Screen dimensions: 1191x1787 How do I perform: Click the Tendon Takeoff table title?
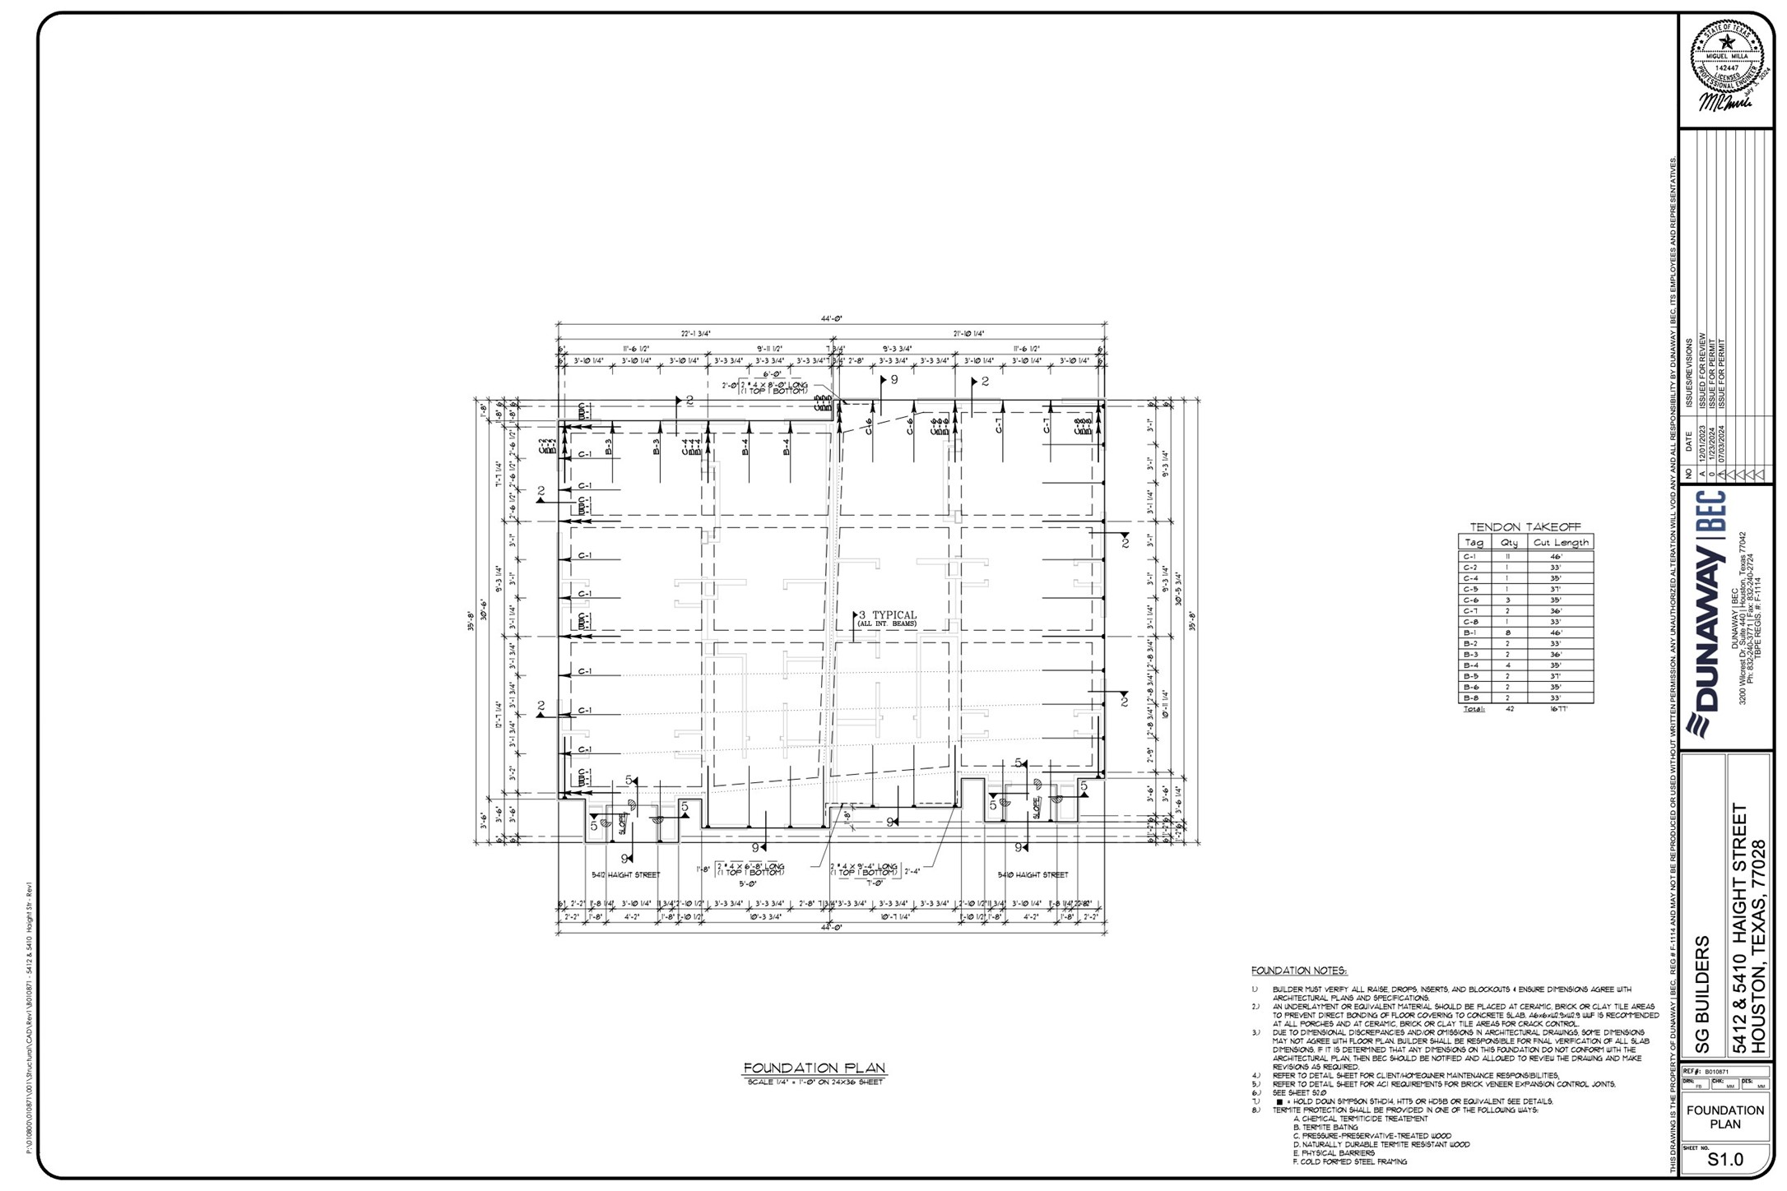[x=1525, y=527]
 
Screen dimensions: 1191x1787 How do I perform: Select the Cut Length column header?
[x=1560, y=543]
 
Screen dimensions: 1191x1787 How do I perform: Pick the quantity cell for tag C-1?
[x=1508, y=557]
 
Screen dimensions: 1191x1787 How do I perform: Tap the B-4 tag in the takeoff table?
[x=1470, y=665]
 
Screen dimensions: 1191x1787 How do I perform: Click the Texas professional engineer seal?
[x=1726, y=58]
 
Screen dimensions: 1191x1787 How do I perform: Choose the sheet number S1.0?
[x=1725, y=1160]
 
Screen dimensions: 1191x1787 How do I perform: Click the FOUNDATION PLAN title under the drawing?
[x=815, y=1068]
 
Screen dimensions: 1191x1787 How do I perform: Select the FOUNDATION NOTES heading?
[x=1299, y=971]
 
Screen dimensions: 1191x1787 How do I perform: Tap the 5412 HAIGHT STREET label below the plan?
[x=625, y=875]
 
